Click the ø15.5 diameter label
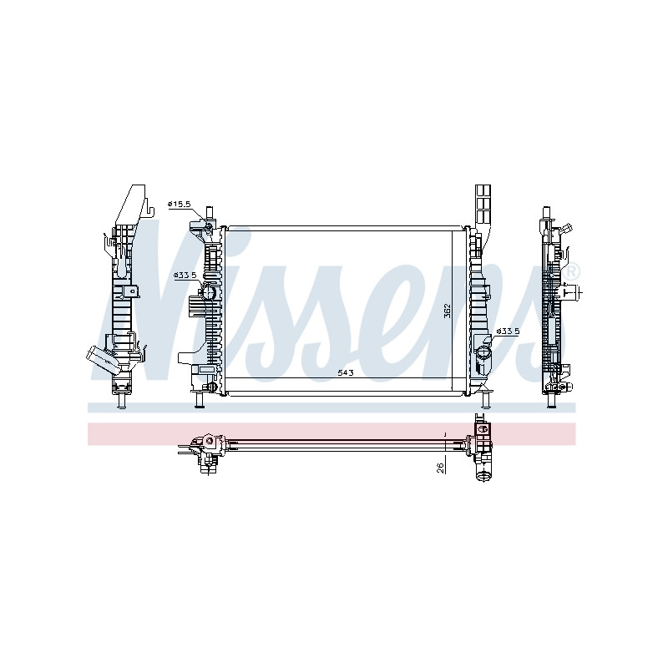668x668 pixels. [x=179, y=205]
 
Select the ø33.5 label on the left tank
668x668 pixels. [x=185, y=276]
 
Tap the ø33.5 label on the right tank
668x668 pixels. [x=509, y=331]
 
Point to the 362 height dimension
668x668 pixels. [x=447, y=311]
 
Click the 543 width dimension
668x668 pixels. [x=346, y=372]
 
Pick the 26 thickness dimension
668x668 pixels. [x=442, y=468]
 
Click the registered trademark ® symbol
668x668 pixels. [x=571, y=271]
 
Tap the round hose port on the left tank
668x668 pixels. [x=208, y=292]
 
